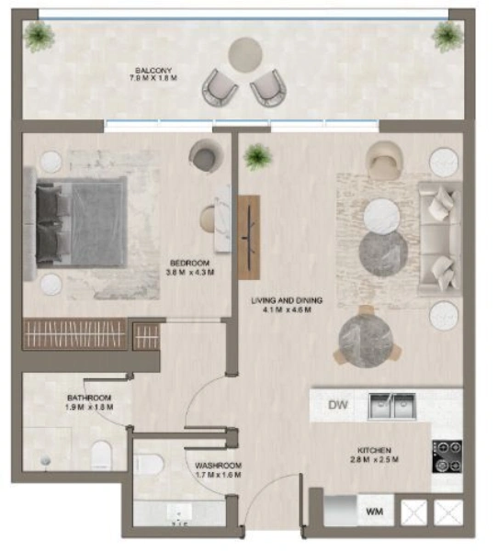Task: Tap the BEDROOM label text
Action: tap(190, 267)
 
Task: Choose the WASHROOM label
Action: tap(218, 471)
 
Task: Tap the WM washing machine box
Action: tap(374, 510)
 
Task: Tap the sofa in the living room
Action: tap(439, 237)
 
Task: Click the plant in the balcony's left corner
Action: tap(39, 37)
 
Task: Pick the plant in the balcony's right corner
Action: tap(447, 36)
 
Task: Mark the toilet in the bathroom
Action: tap(102, 452)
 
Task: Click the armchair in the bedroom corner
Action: tap(206, 155)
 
